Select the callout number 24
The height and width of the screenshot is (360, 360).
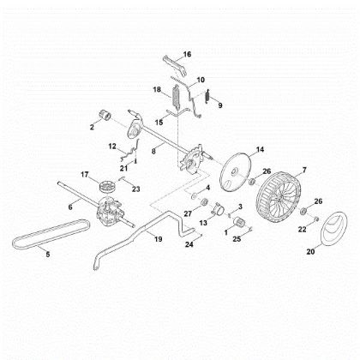(190, 245)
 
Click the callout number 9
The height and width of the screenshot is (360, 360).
(219, 105)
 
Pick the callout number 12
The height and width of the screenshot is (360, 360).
(111, 147)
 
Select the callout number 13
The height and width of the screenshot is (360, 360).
(203, 222)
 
